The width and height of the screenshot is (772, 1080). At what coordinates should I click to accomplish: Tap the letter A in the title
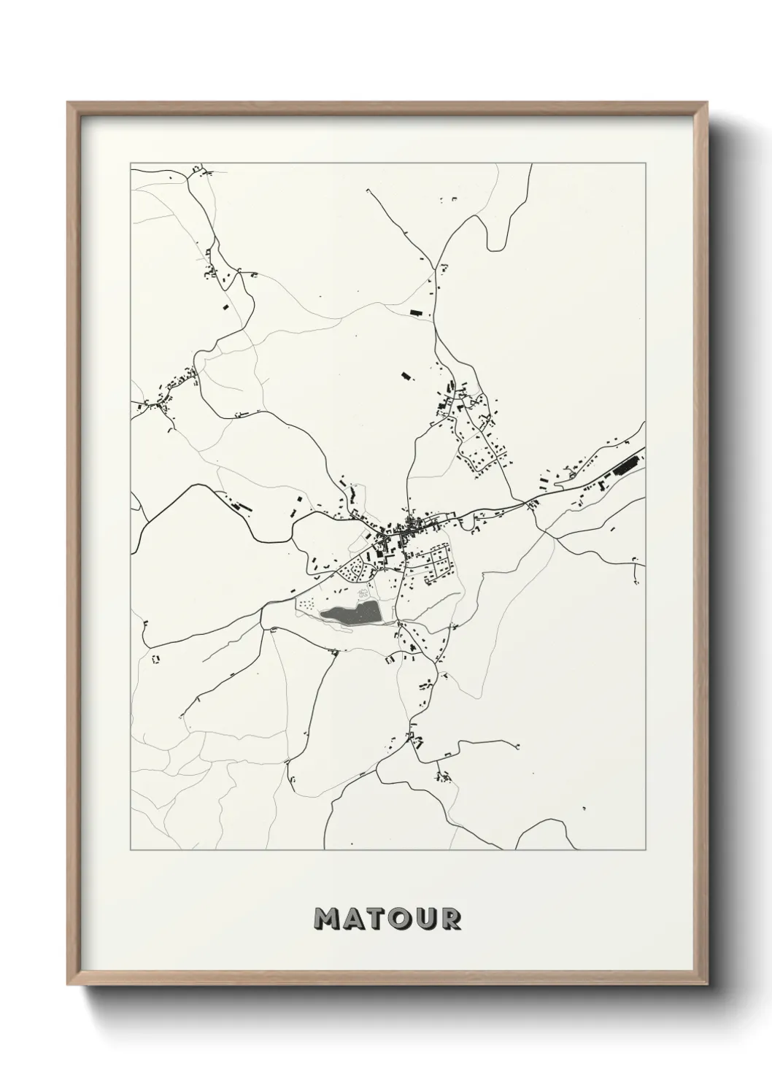tap(354, 919)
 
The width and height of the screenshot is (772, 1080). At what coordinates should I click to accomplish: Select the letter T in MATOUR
tap(377, 919)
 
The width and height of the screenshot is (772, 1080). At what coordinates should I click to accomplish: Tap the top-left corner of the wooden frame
tap(69, 104)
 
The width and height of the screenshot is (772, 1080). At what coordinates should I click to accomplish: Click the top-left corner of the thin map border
tap(131, 163)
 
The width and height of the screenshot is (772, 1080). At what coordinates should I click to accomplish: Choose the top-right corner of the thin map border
tap(644, 163)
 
